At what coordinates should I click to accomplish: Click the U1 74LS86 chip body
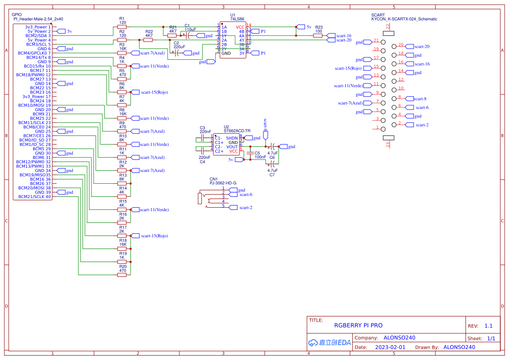click(233, 40)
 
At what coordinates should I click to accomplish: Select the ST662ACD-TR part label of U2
click(237, 131)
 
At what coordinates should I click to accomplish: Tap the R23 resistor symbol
click(318, 36)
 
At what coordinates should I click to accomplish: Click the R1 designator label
click(122, 18)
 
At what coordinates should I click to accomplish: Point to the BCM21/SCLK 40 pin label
click(35, 197)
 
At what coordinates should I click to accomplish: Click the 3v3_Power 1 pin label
click(38, 27)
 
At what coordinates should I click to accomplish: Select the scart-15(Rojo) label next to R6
click(154, 92)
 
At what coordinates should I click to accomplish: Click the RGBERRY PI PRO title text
click(358, 325)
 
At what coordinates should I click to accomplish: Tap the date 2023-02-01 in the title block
click(390, 347)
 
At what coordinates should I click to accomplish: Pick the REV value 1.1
click(488, 326)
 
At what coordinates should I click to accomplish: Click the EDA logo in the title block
click(329, 343)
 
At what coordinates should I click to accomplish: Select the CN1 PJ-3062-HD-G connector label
click(223, 183)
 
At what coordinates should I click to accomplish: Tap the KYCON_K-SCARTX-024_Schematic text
click(404, 19)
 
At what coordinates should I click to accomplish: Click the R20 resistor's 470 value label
click(122, 271)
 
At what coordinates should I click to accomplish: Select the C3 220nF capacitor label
click(205, 129)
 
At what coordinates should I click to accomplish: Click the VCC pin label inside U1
click(240, 27)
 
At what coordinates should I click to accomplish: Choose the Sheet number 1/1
click(491, 338)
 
